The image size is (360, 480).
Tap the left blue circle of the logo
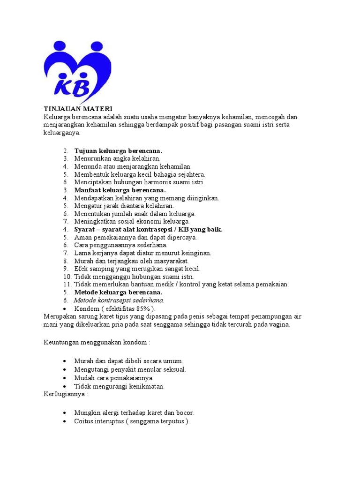click(60, 46)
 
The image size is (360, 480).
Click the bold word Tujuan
click(85, 151)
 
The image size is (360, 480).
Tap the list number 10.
click(66, 277)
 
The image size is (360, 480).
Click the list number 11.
click(66, 285)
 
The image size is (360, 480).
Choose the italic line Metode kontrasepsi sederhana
click(119, 300)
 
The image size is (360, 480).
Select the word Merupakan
click(61, 316)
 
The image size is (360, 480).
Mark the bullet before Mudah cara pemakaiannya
click(64, 378)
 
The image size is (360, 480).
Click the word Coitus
click(84, 421)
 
